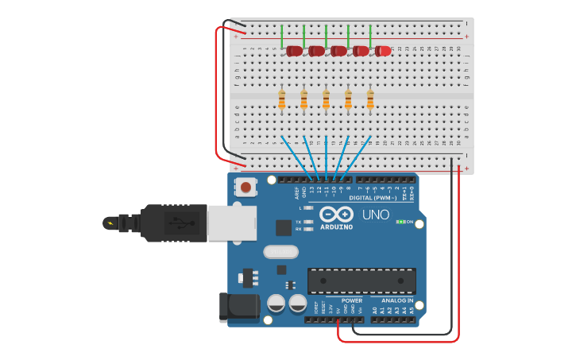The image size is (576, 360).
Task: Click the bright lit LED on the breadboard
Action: (383, 51)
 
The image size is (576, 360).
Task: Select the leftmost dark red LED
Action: (294, 51)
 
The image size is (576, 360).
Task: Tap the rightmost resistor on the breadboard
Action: (370, 99)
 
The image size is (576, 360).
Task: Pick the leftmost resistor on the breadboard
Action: (282, 99)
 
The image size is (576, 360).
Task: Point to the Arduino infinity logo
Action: (337, 214)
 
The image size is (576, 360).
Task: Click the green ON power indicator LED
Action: (400, 222)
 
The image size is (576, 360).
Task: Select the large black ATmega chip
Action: (361, 280)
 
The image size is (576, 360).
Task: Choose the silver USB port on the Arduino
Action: (231, 223)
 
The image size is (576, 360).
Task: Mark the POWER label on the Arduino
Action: (352, 300)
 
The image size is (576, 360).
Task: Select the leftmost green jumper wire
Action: (282, 35)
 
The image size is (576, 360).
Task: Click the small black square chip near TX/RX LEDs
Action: (283, 227)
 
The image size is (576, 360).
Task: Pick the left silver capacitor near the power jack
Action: (276, 303)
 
